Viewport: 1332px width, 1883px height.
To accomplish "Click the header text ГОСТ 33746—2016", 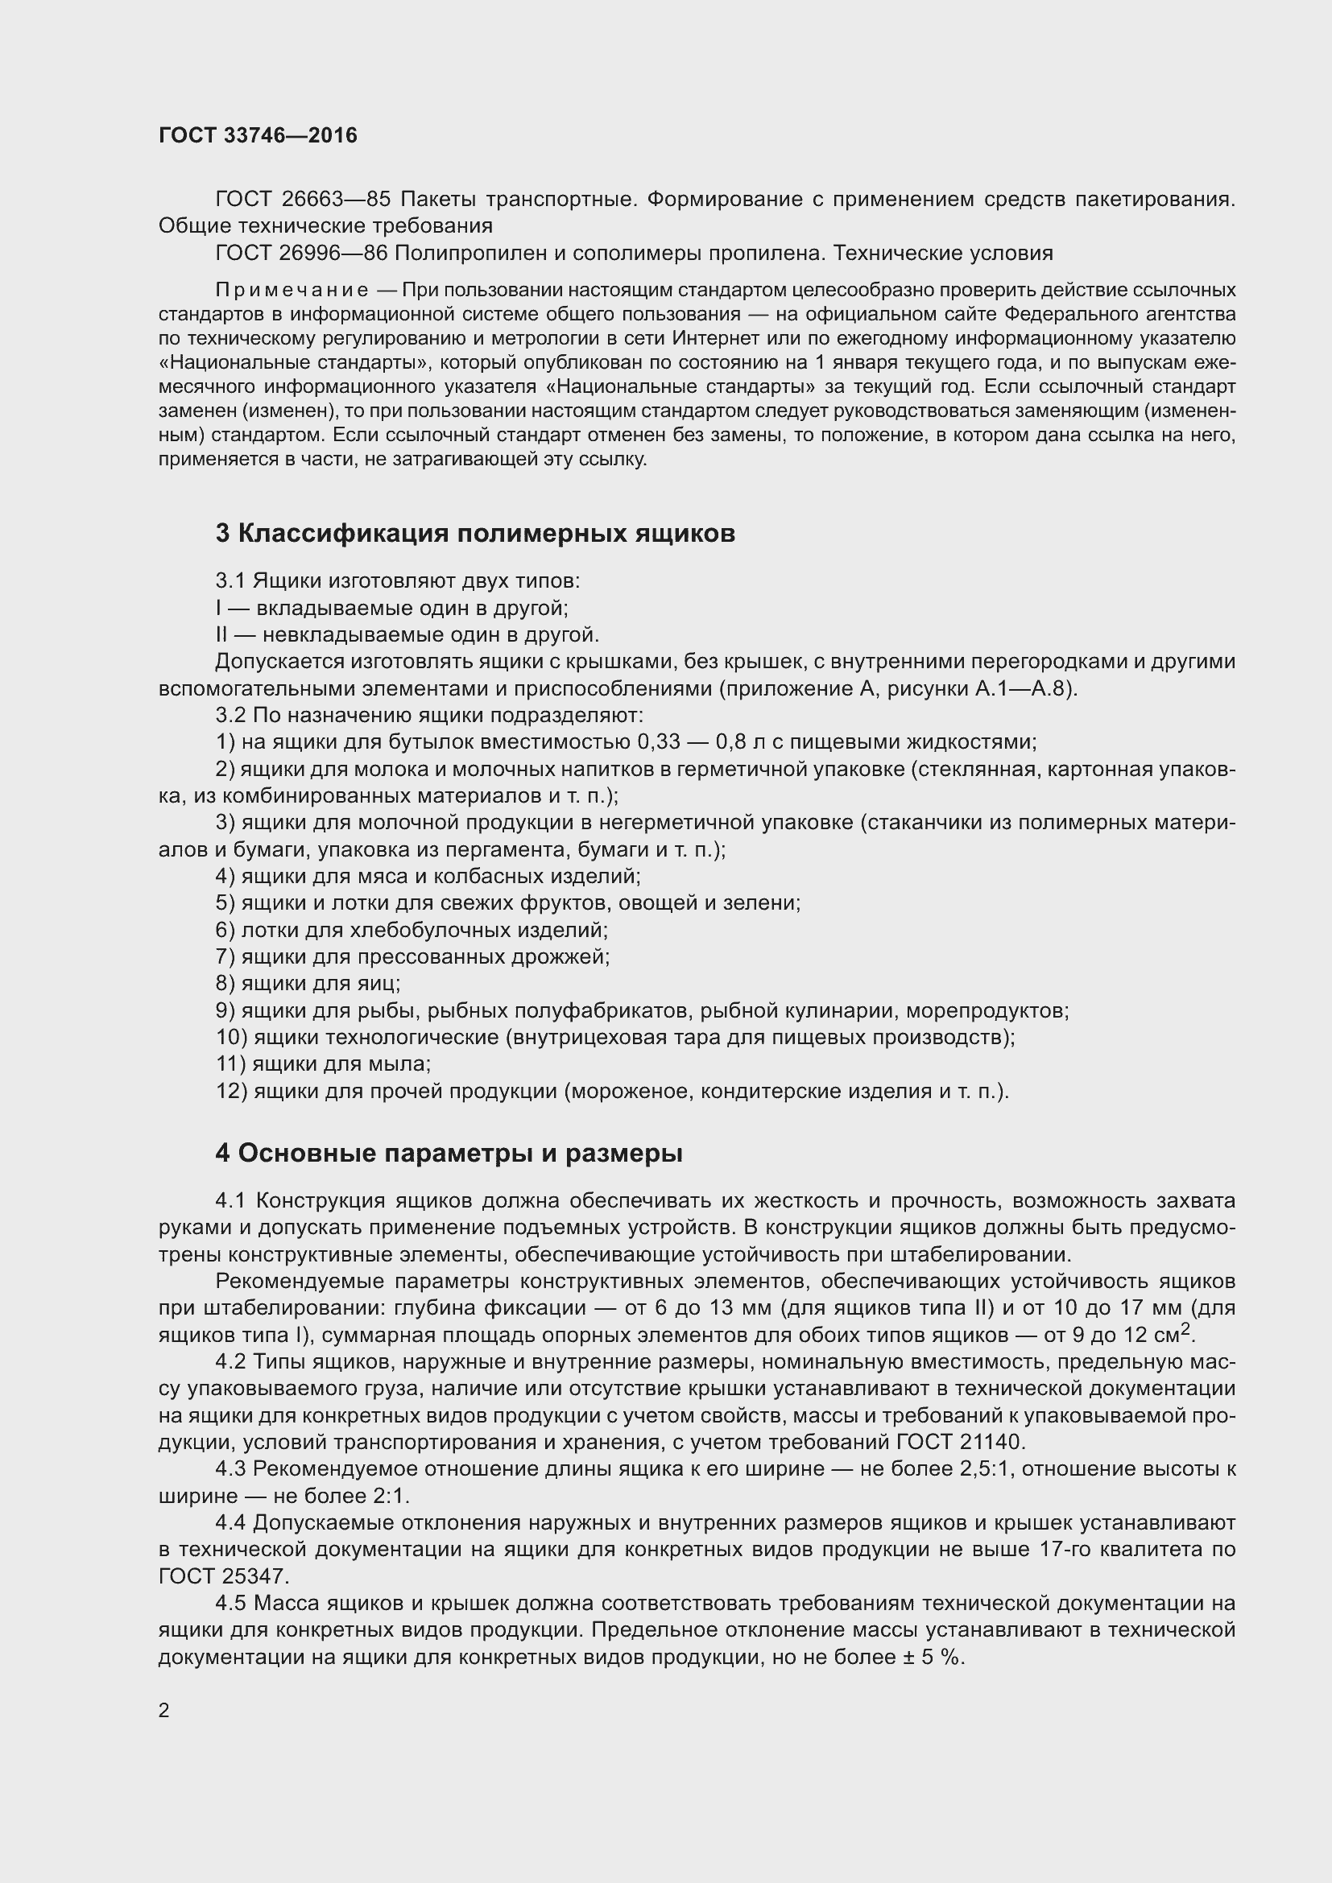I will [258, 135].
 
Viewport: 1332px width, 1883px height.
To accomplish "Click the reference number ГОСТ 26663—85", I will [303, 200].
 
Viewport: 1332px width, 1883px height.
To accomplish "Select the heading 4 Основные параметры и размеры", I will [449, 1153].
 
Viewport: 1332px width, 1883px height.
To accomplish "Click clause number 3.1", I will [230, 581].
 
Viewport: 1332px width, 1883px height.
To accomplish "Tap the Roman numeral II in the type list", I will [221, 634].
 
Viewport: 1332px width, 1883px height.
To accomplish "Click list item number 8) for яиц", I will [225, 983].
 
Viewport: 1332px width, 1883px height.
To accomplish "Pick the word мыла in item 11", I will [401, 1063].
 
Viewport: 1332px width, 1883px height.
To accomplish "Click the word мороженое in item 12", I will [626, 1092].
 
